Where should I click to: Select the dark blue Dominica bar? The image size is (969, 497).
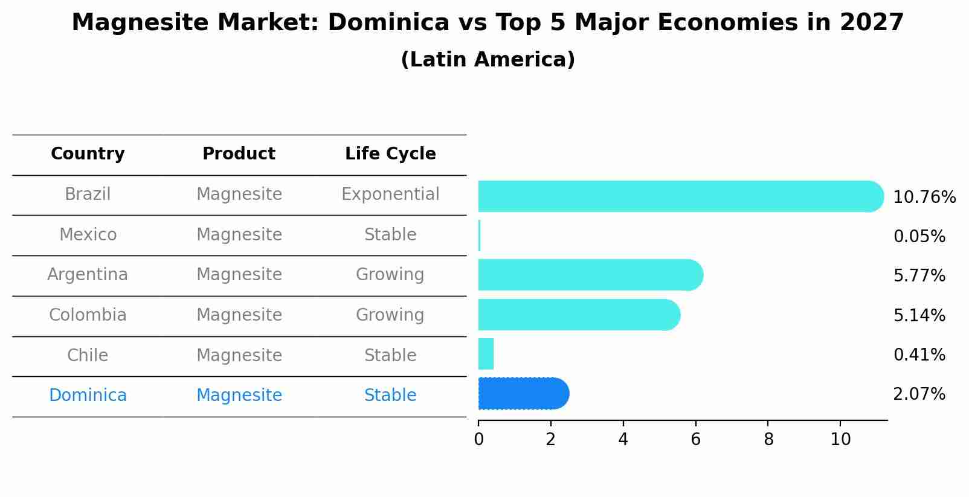tap(523, 394)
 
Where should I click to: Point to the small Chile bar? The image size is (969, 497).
tap(486, 354)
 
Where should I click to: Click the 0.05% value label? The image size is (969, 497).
tap(919, 237)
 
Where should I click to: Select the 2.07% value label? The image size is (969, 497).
tap(919, 394)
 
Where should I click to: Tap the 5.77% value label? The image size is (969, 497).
tap(919, 276)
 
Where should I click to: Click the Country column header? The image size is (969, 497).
tap(88, 154)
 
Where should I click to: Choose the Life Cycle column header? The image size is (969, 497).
tap(390, 154)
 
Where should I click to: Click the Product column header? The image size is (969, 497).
tap(239, 154)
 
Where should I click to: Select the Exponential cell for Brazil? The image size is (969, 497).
tap(390, 194)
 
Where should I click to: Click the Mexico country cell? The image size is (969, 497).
tap(88, 235)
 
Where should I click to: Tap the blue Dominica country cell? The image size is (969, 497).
tap(88, 396)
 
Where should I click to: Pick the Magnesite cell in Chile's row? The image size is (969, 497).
tap(239, 355)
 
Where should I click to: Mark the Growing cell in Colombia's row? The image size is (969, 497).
tap(390, 315)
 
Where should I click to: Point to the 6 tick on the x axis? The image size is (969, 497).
tap(695, 439)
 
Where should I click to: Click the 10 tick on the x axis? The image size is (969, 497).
tap(840, 439)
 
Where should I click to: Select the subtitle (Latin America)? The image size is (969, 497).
tap(488, 60)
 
